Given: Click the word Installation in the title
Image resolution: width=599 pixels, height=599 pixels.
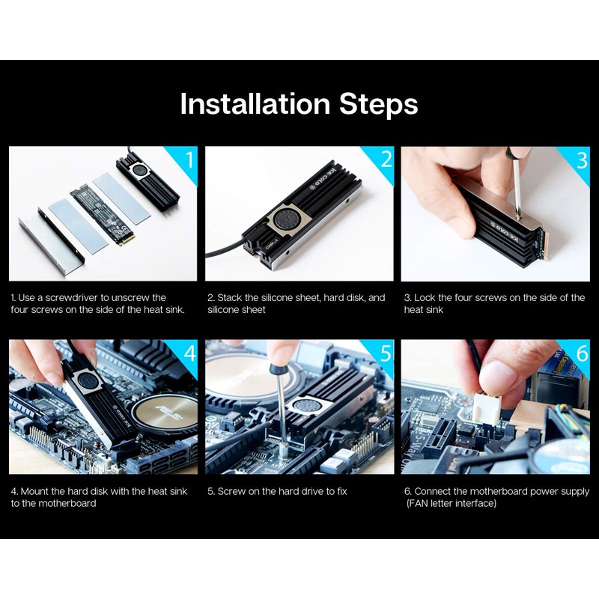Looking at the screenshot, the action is tap(255, 103).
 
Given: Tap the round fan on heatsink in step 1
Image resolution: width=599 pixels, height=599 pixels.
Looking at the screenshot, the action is tap(137, 171).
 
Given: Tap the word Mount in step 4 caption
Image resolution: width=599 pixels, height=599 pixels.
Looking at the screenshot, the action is tap(34, 491).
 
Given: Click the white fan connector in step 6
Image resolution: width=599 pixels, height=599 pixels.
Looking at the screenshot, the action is tap(487, 410).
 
